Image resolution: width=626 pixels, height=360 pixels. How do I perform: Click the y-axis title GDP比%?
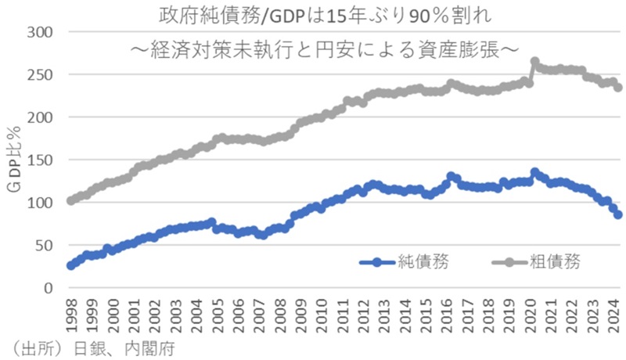(16, 160)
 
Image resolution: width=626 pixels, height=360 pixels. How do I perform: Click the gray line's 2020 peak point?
(535, 61)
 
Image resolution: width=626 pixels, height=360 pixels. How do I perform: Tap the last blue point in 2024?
(618, 214)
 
